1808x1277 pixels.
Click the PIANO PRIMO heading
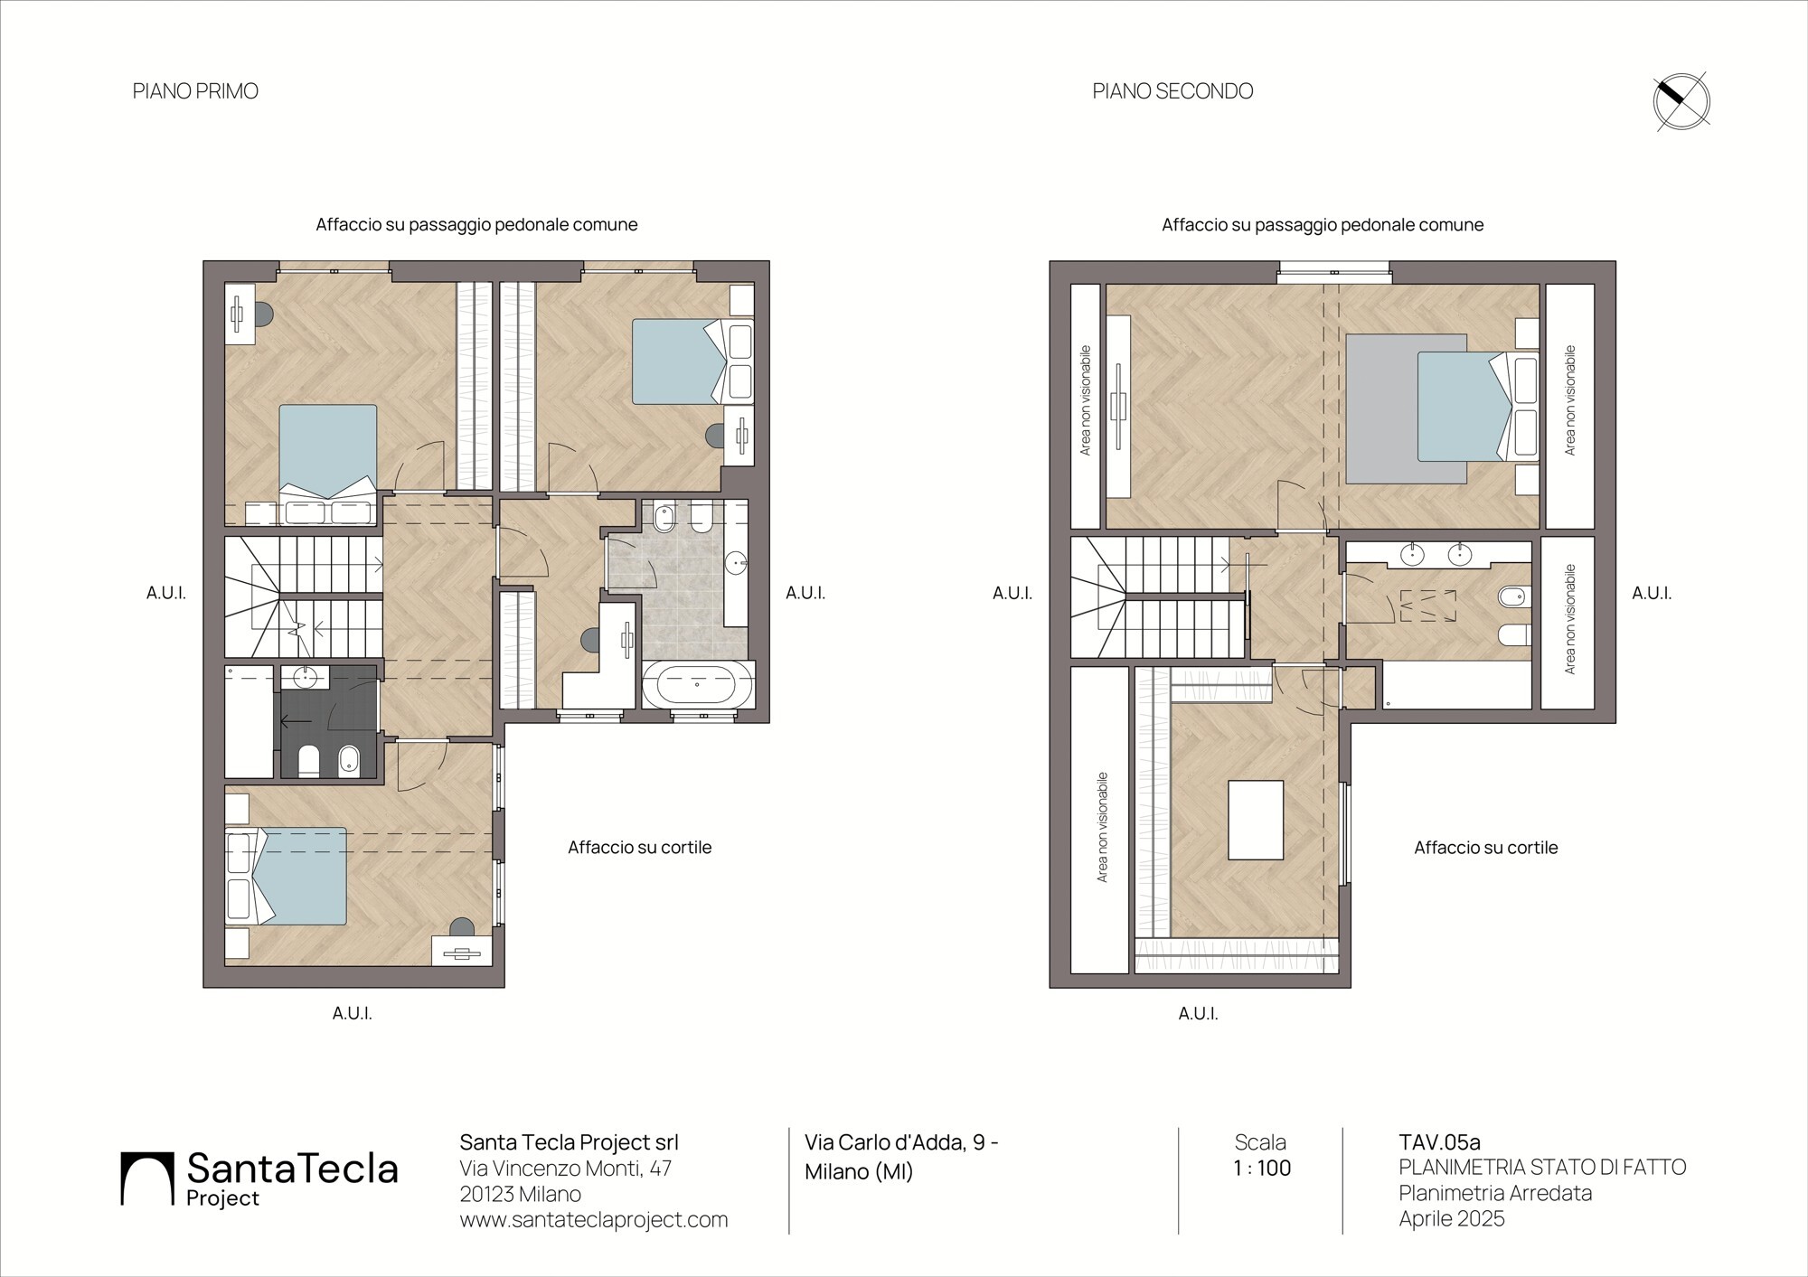pyautogui.click(x=195, y=91)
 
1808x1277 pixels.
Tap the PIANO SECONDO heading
pyautogui.click(x=1172, y=91)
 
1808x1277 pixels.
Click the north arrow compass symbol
pyautogui.click(x=1681, y=101)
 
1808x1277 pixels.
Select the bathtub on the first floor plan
pyautogui.click(x=696, y=685)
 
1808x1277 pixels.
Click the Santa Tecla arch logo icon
pyautogui.click(x=147, y=1178)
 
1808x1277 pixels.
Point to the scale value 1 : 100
pyautogui.click(x=1262, y=1168)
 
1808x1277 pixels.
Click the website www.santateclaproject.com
pyautogui.click(x=594, y=1219)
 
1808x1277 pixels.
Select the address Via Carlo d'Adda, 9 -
pyautogui.click(x=901, y=1142)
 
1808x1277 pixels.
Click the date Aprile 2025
pyautogui.click(x=1452, y=1218)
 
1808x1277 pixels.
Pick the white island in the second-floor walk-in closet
pyautogui.click(x=1257, y=820)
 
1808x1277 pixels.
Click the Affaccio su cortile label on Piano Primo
pyautogui.click(x=640, y=848)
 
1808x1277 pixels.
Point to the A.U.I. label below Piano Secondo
pyautogui.click(x=1199, y=1014)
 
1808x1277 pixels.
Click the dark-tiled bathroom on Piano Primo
pyautogui.click(x=328, y=721)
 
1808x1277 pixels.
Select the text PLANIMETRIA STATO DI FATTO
pyautogui.click(x=1542, y=1168)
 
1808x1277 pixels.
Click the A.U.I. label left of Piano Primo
pyautogui.click(x=166, y=594)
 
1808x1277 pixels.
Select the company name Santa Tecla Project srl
pyautogui.click(x=570, y=1142)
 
